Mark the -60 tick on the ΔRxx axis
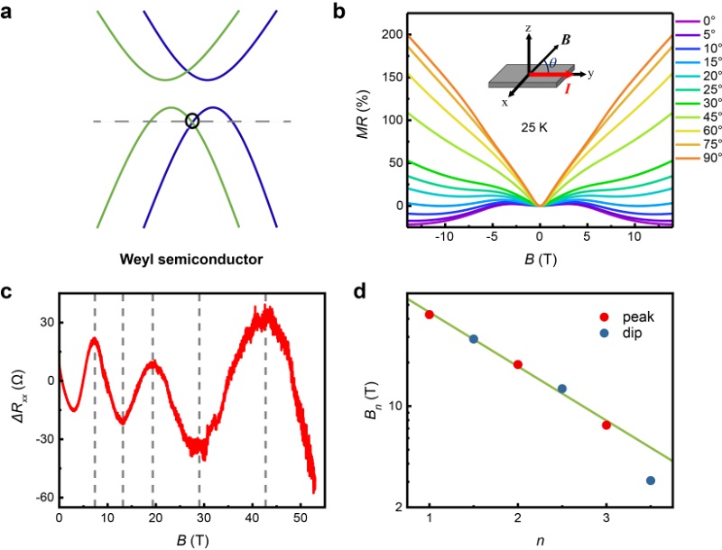42,498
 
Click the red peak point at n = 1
430,315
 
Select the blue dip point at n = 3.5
651,481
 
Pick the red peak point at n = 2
518,364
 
